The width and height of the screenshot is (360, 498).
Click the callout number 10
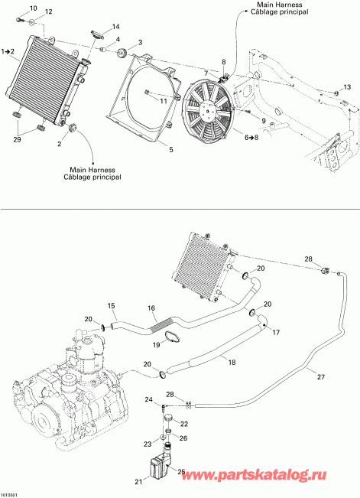(x=31, y=8)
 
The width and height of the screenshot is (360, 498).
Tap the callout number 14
(x=116, y=27)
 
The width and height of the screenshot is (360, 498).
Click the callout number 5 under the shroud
(x=170, y=149)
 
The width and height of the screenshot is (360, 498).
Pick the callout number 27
(x=320, y=376)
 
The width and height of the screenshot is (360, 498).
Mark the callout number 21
(x=138, y=481)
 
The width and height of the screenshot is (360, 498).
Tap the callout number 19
(x=155, y=345)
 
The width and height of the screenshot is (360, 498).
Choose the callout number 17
(x=276, y=333)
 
